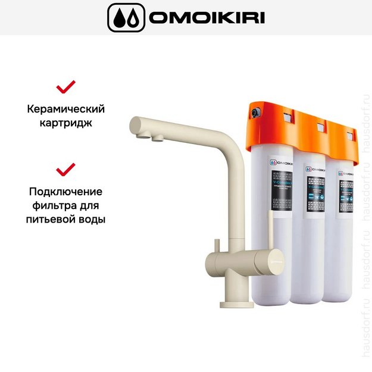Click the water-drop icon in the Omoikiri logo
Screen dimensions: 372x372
126,18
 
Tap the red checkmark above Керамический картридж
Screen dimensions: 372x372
66,87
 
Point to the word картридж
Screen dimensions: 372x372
66,124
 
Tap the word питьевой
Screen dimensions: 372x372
49,220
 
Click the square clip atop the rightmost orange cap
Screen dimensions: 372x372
350,127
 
